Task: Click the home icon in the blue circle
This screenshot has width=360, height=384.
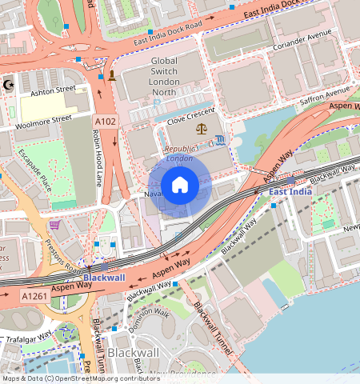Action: (180, 186)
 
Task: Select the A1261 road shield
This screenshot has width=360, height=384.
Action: (34, 296)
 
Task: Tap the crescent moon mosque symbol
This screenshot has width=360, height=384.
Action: (9, 84)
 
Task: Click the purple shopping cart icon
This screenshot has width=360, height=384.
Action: (54, 225)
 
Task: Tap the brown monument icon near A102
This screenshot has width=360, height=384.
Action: (111, 76)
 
